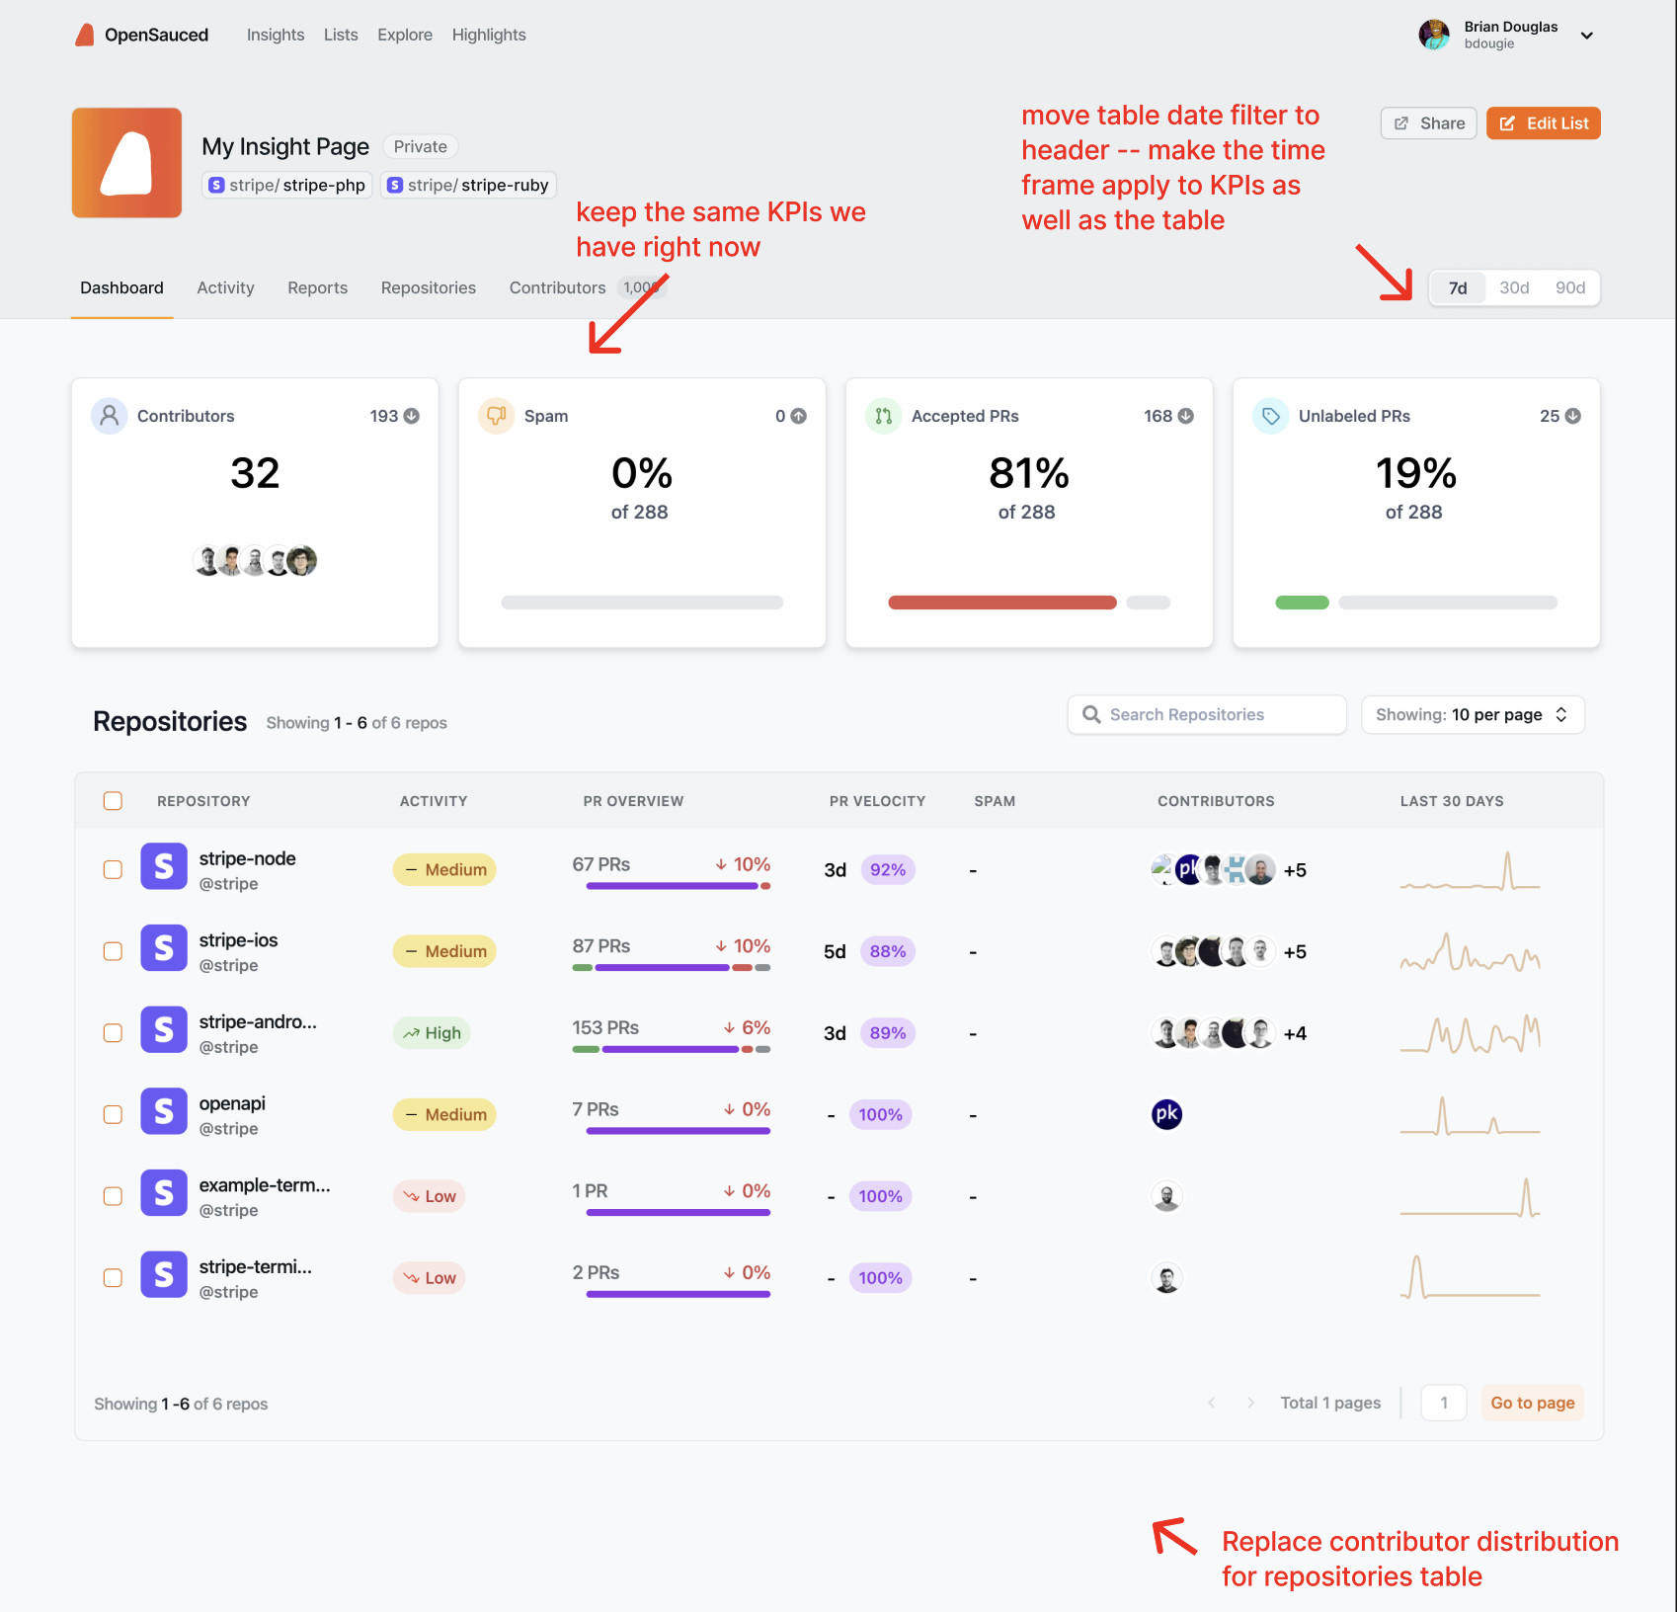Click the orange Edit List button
click(1543, 123)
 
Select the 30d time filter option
click(1513, 287)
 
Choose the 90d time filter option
click(1569, 287)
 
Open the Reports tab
click(317, 287)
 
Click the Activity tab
click(225, 287)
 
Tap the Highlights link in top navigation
click(489, 35)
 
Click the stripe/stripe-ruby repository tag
click(468, 185)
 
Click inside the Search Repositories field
click(1207, 714)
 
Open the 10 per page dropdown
click(1472, 714)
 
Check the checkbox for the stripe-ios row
click(114, 951)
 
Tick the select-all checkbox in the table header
click(114, 800)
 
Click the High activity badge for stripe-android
click(433, 1033)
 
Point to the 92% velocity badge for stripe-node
click(887, 869)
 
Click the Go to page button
click(1532, 1403)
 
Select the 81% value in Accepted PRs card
click(1028, 473)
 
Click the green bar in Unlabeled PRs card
click(1302, 603)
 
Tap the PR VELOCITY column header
click(877, 801)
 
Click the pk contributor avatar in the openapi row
click(1166, 1114)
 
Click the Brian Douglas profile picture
click(1433, 35)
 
